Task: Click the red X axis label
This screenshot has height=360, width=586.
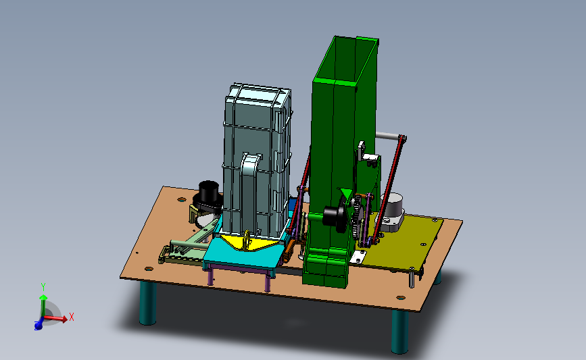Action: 72,317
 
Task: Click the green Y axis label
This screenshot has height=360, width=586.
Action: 43,287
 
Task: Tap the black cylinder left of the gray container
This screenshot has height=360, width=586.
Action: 209,192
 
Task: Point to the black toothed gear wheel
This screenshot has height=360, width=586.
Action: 358,217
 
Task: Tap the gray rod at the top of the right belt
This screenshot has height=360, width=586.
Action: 388,136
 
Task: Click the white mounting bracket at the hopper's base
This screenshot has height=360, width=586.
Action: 358,257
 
